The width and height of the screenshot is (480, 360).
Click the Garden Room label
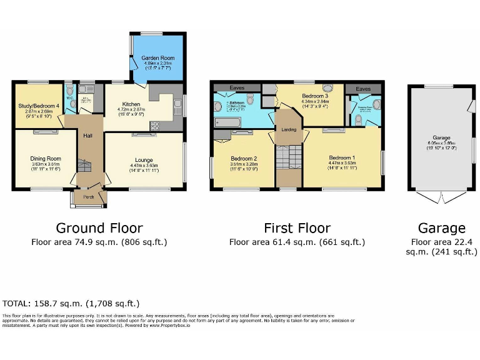tap(158, 58)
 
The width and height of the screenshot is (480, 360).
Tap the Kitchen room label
tap(131, 104)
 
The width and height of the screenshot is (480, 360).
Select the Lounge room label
tap(144, 161)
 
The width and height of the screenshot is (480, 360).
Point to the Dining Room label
tap(46, 159)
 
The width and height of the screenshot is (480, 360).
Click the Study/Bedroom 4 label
tap(38, 106)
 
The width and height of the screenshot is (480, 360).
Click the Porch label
tap(89, 199)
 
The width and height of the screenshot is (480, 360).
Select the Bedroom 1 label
tap(342, 158)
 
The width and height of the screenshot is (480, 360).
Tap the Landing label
tap(289, 129)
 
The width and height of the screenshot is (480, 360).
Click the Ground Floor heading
tap(99, 228)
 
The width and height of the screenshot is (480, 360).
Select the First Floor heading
tap(297, 228)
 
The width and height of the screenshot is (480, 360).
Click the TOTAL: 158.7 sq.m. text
tap(71, 303)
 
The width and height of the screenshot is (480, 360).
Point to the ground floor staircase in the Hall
tap(84, 166)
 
